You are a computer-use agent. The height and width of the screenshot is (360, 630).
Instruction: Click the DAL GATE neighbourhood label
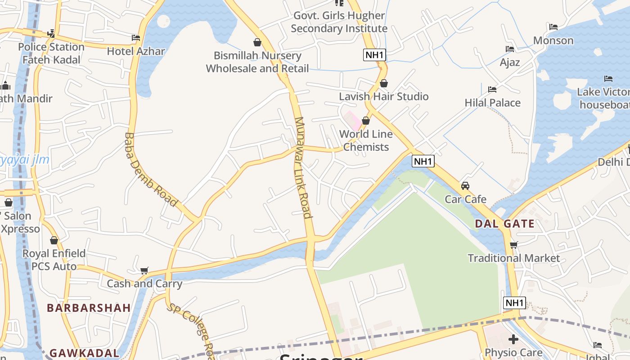click(504, 224)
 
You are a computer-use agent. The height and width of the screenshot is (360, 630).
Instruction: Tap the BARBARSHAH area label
click(89, 308)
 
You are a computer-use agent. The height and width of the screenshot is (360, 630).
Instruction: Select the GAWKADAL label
click(84, 353)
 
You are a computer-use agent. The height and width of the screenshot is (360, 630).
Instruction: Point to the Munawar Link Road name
click(302, 167)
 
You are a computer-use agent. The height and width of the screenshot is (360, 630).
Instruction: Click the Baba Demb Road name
click(150, 169)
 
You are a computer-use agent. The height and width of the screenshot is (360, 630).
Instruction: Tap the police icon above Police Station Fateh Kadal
click(51, 34)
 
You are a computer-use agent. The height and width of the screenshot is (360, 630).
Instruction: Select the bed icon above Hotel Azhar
click(136, 38)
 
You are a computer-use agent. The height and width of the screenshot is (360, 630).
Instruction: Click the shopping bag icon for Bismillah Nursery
click(257, 42)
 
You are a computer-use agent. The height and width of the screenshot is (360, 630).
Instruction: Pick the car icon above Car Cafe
click(465, 185)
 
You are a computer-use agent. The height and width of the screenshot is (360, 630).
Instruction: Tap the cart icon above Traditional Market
click(513, 245)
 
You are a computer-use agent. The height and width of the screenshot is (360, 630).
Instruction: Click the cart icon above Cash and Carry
click(144, 270)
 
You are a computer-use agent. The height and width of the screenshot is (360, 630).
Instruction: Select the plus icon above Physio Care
click(513, 339)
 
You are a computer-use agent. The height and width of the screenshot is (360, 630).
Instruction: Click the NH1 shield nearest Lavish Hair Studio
click(374, 55)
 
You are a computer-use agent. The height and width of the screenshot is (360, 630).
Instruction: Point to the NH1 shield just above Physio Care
click(514, 303)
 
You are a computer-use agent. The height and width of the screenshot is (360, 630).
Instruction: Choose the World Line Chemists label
click(366, 140)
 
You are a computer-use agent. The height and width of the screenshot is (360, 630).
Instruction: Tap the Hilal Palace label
click(492, 103)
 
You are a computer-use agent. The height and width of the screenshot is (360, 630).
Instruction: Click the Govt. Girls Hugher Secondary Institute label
click(339, 22)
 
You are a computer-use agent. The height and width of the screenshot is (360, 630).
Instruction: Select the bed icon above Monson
click(553, 27)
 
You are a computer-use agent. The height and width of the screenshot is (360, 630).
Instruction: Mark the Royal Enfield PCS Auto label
click(54, 260)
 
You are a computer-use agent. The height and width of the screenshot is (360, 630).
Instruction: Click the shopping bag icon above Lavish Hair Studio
click(384, 83)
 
